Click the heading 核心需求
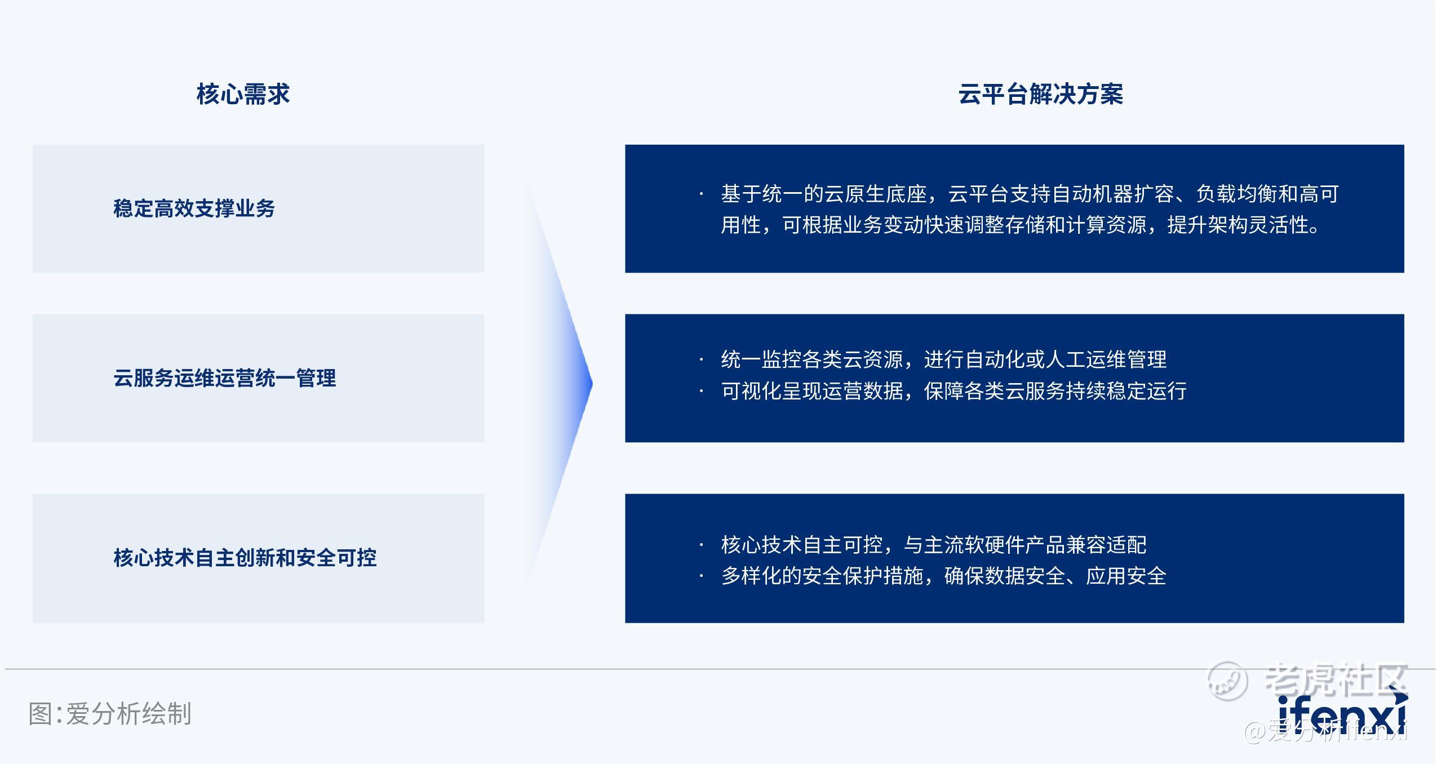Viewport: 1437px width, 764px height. pyautogui.click(x=243, y=94)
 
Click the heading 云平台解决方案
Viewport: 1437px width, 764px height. pyautogui.click(x=1041, y=94)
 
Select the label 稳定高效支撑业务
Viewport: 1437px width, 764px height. pyautogui.click(x=194, y=208)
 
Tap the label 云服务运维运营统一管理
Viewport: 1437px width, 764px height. pyautogui.click(x=224, y=378)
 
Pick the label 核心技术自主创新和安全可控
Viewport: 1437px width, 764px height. pyautogui.click(x=245, y=558)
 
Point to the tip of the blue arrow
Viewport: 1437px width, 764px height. pyautogui.click(x=592, y=384)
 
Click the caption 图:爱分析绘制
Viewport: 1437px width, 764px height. pyautogui.click(x=110, y=714)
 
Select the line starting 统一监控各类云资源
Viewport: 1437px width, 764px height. pyautogui.click(x=944, y=359)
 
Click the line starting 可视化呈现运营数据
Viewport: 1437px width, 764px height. pyautogui.click(x=954, y=391)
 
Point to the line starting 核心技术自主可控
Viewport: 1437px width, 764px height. pyautogui.click(x=934, y=545)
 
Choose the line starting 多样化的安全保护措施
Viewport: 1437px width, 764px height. pyautogui.click(x=944, y=576)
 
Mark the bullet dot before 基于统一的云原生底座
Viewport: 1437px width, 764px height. pyautogui.click(x=701, y=195)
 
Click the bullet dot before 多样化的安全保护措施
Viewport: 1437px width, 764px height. pyautogui.click(x=701, y=576)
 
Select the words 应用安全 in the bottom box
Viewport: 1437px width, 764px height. pyautogui.click(x=1126, y=576)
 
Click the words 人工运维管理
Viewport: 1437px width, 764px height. pyautogui.click(x=1106, y=359)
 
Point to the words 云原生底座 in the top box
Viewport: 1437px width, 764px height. pyautogui.click(x=875, y=194)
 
